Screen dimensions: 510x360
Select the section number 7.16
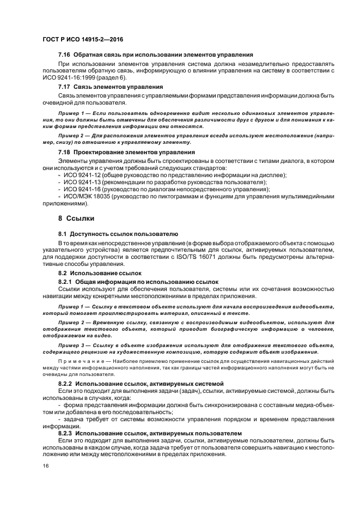tap(65, 56)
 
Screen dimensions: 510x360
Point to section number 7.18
tap(65, 152)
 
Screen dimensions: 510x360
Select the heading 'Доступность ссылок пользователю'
tap(117, 234)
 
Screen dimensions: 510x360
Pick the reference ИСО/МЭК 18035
tap(89, 196)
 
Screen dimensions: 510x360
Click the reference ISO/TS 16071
tap(198, 256)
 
